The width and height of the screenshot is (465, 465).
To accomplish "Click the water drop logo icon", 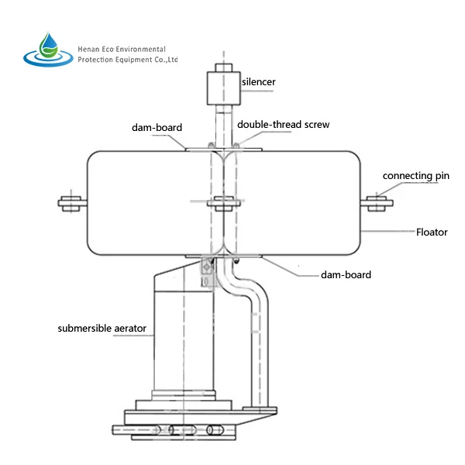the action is pyautogui.click(x=48, y=50).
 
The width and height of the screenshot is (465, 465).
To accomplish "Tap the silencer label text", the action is pyautogui.click(x=258, y=82).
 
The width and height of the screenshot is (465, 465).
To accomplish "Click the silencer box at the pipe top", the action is pyautogui.click(x=224, y=88).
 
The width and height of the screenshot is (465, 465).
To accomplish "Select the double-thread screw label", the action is pyautogui.click(x=283, y=125).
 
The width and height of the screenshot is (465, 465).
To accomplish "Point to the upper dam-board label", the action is pyautogui.click(x=157, y=128).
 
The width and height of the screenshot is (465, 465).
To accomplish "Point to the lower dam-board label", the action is pyautogui.click(x=346, y=275).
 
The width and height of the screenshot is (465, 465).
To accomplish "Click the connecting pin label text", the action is pyautogui.click(x=415, y=176).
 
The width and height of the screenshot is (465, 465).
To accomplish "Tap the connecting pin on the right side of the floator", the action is pyautogui.click(x=377, y=203).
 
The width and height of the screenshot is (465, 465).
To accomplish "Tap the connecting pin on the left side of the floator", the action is pyautogui.click(x=72, y=203).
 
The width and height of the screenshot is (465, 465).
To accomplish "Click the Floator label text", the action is pyautogui.click(x=432, y=232).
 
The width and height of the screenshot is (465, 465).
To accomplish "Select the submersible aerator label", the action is pyautogui.click(x=102, y=329).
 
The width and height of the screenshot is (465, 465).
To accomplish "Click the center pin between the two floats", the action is pyautogui.click(x=224, y=203).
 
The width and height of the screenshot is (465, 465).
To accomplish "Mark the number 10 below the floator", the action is pyautogui.click(x=205, y=282).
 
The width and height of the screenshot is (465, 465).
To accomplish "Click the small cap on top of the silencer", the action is pyautogui.click(x=224, y=67).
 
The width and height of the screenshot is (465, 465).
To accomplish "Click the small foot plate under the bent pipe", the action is pyautogui.click(x=260, y=409).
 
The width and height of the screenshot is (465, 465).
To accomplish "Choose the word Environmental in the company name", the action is pyautogui.click(x=140, y=50).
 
